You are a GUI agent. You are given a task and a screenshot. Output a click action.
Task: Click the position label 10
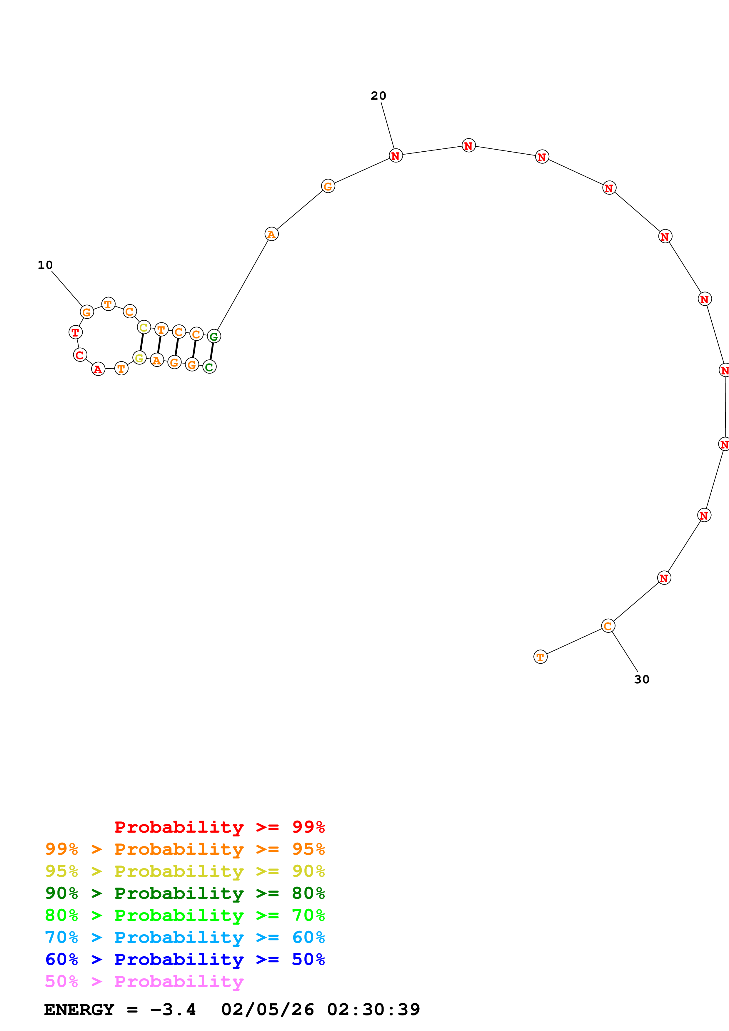coord(45,265)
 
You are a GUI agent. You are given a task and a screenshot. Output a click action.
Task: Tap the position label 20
coord(378,96)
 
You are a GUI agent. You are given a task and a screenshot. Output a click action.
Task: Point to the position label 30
coord(641,679)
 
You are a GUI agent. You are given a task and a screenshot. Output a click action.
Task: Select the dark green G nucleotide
coord(214,336)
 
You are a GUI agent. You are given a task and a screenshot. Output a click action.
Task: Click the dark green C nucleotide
coord(209,367)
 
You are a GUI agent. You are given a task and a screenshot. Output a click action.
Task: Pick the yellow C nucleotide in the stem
coord(144,327)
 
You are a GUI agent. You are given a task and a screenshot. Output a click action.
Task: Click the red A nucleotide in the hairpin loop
coord(98,369)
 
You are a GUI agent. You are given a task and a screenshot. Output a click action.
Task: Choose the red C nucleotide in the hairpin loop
coord(80,355)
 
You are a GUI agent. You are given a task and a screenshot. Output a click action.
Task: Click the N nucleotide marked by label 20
coord(395,156)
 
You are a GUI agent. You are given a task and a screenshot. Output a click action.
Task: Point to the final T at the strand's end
coord(540,657)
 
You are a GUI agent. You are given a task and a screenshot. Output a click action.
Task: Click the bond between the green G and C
coord(211,352)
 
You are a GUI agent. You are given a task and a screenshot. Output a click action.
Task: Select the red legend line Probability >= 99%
coord(219,827)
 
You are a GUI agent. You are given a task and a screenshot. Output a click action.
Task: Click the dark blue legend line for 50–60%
coord(185,959)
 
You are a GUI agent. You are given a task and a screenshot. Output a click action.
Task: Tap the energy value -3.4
coord(173,1010)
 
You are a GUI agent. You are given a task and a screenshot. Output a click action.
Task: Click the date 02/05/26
coord(267,1010)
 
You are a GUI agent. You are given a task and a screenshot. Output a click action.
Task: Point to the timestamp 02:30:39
coord(373,1010)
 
